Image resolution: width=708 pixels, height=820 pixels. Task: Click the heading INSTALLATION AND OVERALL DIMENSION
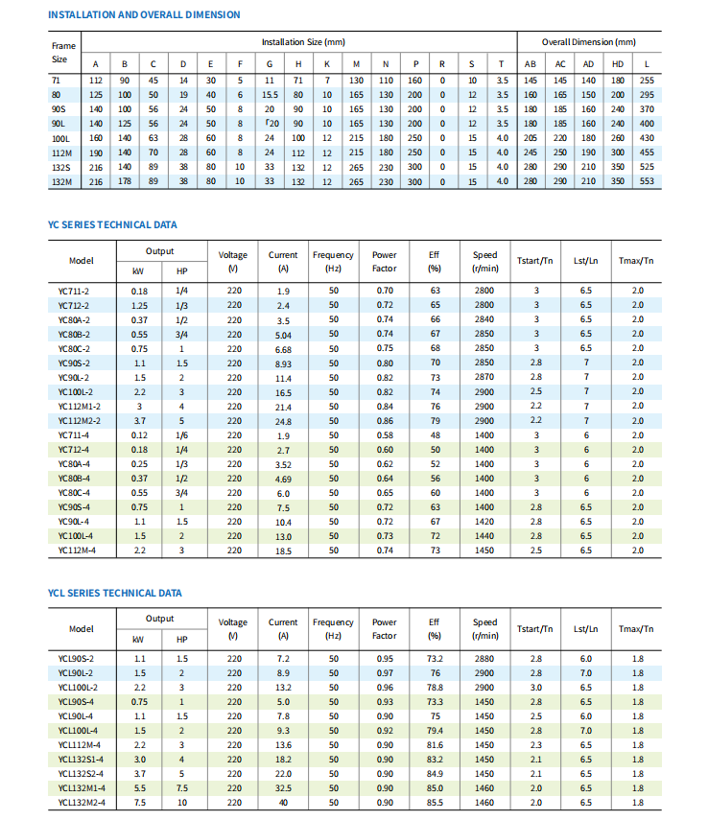pyautogui.click(x=144, y=14)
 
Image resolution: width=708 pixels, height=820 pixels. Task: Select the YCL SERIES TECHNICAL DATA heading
pyautogui.click(x=114, y=593)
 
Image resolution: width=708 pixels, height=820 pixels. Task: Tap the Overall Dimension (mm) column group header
pyautogui.click(x=588, y=42)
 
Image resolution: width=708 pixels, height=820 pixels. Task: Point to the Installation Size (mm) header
pyautogui.click(x=303, y=42)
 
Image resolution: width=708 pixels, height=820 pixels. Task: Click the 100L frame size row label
pyautogui.click(x=61, y=138)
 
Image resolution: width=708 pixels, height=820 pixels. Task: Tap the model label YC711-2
pyautogui.click(x=74, y=291)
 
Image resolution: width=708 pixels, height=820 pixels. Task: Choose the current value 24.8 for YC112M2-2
pyautogui.click(x=283, y=421)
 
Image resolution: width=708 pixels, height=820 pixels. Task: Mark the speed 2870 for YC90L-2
pyautogui.click(x=484, y=377)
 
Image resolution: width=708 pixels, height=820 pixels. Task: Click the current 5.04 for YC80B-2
pyautogui.click(x=283, y=334)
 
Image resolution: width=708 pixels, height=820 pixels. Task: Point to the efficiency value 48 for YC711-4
pyautogui.click(x=435, y=435)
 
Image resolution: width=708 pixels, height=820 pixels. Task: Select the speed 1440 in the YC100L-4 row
pyautogui.click(x=484, y=536)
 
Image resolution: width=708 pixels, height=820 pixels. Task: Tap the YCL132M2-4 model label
pyautogui.click(x=81, y=802)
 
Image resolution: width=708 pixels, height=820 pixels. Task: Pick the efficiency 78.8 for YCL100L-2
pyautogui.click(x=435, y=687)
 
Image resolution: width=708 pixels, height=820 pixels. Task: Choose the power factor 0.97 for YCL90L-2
pyautogui.click(x=384, y=672)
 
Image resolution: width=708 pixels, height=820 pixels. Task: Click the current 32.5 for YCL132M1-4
pyautogui.click(x=283, y=787)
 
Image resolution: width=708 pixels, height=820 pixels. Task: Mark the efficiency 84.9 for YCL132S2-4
pyautogui.click(x=435, y=773)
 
